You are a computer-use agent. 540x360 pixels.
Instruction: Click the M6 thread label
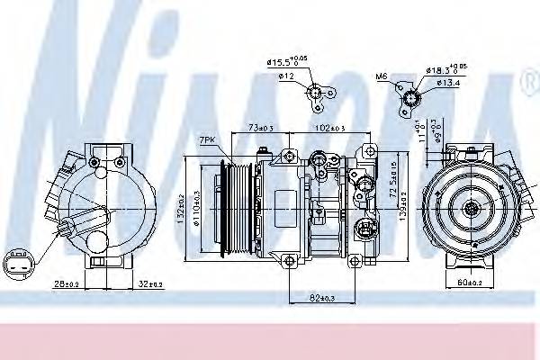click(381, 77)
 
